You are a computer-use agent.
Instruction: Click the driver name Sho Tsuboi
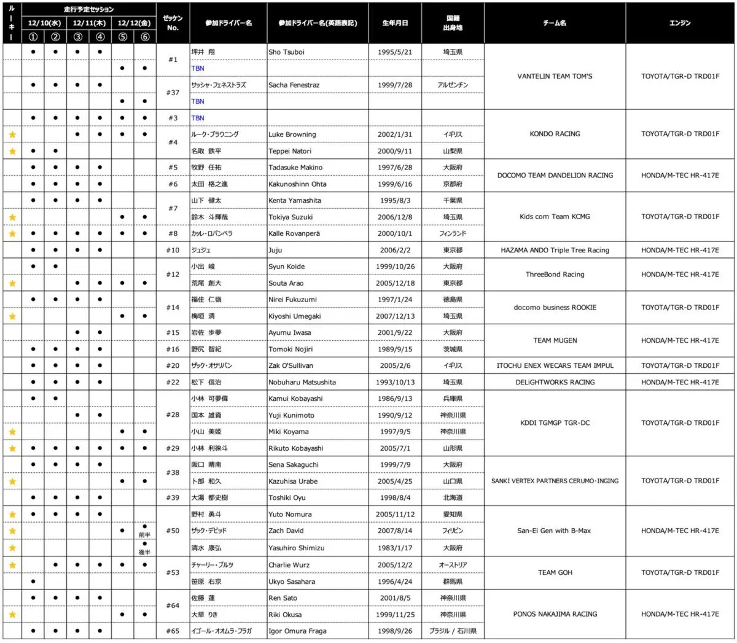(286, 52)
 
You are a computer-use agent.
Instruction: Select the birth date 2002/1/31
(395, 134)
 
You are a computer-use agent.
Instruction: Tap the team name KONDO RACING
(555, 134)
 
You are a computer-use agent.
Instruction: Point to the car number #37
(173, 93)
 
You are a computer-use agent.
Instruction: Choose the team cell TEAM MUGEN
(555, 340)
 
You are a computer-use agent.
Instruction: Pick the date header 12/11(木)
(89, 23)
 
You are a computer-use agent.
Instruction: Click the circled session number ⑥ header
(144, 36)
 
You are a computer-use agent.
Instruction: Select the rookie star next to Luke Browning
(12, 134)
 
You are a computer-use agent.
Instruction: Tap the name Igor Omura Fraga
(297, 631)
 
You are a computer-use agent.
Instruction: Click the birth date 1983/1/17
(395, 548)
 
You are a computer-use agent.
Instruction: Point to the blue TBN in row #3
(198, 118)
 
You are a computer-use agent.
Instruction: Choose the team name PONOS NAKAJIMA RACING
(555, 614)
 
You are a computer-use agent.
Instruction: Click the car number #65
(173, 631)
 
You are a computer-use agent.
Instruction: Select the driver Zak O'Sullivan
(291, 365)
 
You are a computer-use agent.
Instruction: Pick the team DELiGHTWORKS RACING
(555, 382)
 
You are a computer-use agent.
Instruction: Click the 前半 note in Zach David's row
(144, 536)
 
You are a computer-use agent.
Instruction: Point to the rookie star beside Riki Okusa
(12, 614)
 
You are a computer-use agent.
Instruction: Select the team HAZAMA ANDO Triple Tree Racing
(555, 250)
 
